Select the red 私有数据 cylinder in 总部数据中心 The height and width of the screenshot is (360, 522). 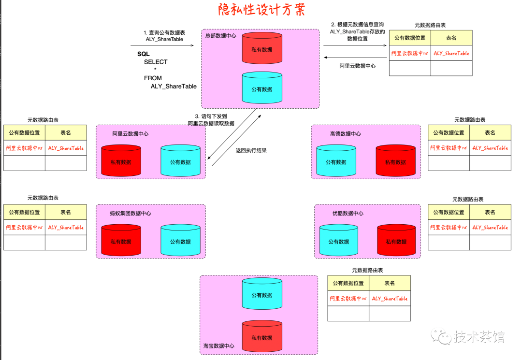(x=261, y=48)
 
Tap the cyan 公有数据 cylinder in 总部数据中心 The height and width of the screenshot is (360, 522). (x=261, y=88)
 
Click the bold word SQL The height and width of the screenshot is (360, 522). (x=144, y=54)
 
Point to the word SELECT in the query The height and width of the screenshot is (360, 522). (x=156, y=62)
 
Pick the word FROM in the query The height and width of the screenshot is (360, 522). (x=153, y=78)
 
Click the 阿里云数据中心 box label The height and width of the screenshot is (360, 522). (x=130, y=134)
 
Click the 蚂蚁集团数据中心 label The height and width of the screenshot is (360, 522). (x=130, y=213)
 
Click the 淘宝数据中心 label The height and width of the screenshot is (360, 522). (x=219, y=346)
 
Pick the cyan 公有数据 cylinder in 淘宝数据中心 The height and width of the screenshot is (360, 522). (x=261, y=294)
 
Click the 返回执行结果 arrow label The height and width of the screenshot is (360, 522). (x=251, y=150)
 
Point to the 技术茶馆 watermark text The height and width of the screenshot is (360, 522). (x=478, y=337)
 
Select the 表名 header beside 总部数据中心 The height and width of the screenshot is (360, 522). (x=451, y=38)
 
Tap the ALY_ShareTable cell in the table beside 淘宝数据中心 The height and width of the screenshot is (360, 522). (x=390, y=299)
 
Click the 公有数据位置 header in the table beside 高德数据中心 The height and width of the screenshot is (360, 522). (x=449, y=132)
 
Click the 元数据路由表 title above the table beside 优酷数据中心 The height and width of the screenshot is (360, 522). (x=468, y=199)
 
